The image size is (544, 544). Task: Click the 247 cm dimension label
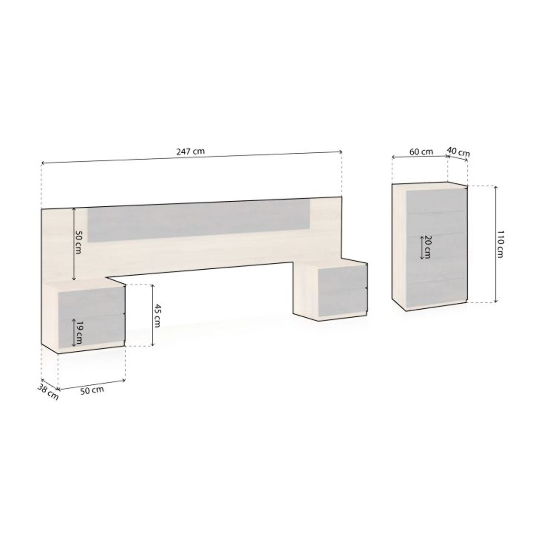coord(190,151)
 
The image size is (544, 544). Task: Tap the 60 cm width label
coord(421,151)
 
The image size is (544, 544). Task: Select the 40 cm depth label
coord(458,152)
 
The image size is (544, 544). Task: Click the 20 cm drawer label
coord(426,248)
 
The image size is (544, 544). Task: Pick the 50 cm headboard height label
coord(78,242)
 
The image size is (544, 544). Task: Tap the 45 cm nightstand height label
coord(157,316)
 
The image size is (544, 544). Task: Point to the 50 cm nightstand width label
coord(92,391)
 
